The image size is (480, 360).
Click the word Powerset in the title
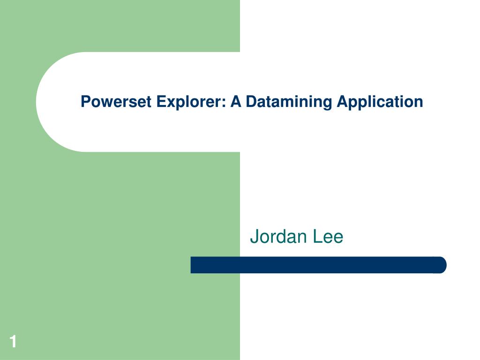pos(116,102)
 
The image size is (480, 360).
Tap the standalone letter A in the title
pos(236,101)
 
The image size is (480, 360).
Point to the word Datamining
pos(289,102)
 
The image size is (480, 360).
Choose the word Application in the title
pos(380,102)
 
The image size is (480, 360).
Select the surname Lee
pos(328,237)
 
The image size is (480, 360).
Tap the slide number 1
pos(13,341)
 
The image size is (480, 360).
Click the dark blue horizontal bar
pos(318,265)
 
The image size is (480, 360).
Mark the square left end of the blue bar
pos(191,265)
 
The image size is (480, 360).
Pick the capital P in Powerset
pos(86,101)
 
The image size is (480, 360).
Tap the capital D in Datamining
pos(252,101)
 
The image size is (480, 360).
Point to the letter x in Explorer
pos(172,104)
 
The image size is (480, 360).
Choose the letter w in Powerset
pos(108,104)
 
